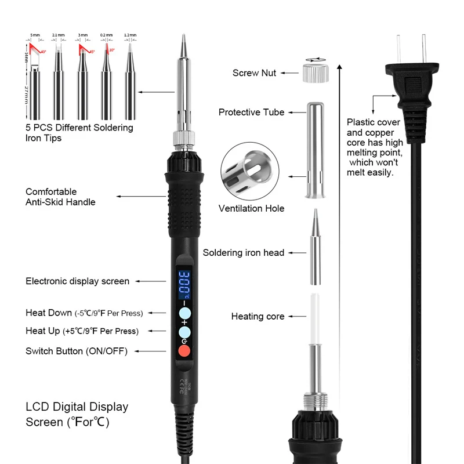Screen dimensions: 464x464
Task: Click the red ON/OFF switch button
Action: click(x=184, y=351)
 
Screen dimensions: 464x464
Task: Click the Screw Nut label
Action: click(x=254, y=73)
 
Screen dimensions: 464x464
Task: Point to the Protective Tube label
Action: click(x=251, y=112)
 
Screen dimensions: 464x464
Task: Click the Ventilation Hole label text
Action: click(x=251, y=208)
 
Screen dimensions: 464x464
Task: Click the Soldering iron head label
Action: click(x=243, y=253)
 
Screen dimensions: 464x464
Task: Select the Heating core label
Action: click(x=258, y=317)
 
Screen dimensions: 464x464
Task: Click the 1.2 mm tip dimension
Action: click(x=129, y=36)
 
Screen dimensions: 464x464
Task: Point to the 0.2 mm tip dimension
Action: click(x=106, y=36)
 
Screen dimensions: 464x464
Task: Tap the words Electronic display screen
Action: click(x=77, y=281)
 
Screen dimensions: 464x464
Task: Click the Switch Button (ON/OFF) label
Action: click(x=76, y=351)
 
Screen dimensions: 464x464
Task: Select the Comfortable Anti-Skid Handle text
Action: click(x=60, y=197)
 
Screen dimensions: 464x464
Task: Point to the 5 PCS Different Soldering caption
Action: click(x=79, y=128)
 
